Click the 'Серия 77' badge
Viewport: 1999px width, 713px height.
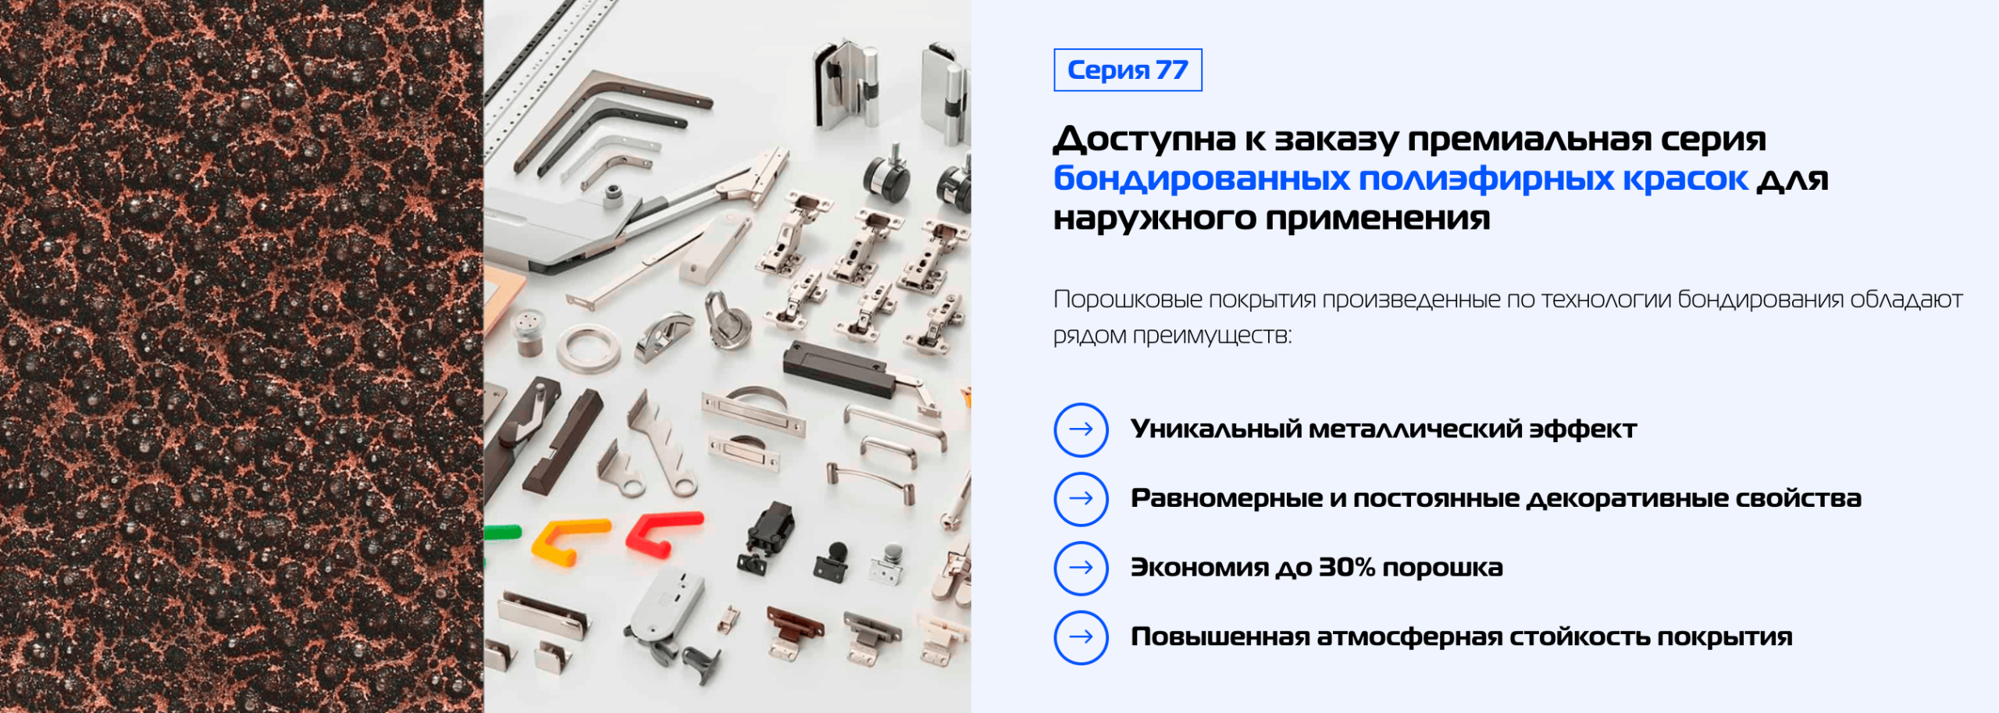coord(1128,70)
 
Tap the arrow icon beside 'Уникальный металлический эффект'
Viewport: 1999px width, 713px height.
coord(1081,430)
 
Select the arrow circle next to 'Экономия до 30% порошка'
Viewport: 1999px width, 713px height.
coord(1081,568)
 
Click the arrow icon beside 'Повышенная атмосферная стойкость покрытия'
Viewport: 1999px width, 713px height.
coord(1081,637)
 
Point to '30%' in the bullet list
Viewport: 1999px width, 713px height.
coord(1346,568)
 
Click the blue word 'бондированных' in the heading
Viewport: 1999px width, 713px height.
coord(1202,179)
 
